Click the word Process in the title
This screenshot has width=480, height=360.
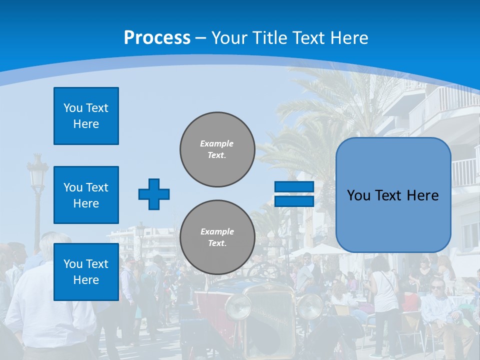tap(157, 38)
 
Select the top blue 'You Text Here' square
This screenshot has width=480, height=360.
tap(86, 116)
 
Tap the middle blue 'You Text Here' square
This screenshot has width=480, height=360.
tap(86, 195)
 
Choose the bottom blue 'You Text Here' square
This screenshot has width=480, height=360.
tap(86, 272)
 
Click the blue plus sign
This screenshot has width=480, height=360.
tap(154, 194)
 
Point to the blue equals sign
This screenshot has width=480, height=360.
tap(294, 194)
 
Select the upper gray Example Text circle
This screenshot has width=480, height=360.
tap(217, 149)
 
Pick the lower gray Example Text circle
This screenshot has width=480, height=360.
tap(217, 237)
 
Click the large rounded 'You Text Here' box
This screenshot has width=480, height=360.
tap(393, 195)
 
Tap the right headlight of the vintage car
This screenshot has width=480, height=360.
tap(310, 306)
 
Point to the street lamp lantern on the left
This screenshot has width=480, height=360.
tap(37, 172)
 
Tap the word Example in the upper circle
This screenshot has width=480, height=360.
tap(216, 143)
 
